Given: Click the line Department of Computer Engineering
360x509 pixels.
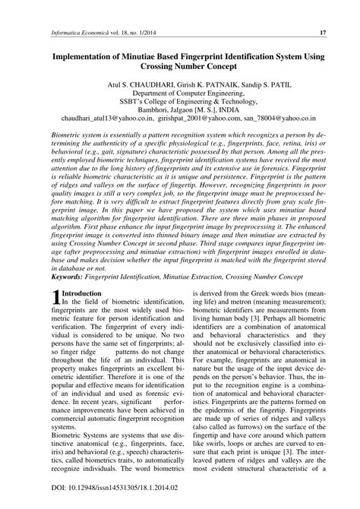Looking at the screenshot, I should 181,96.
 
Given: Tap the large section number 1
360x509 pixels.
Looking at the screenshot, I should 55,299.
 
